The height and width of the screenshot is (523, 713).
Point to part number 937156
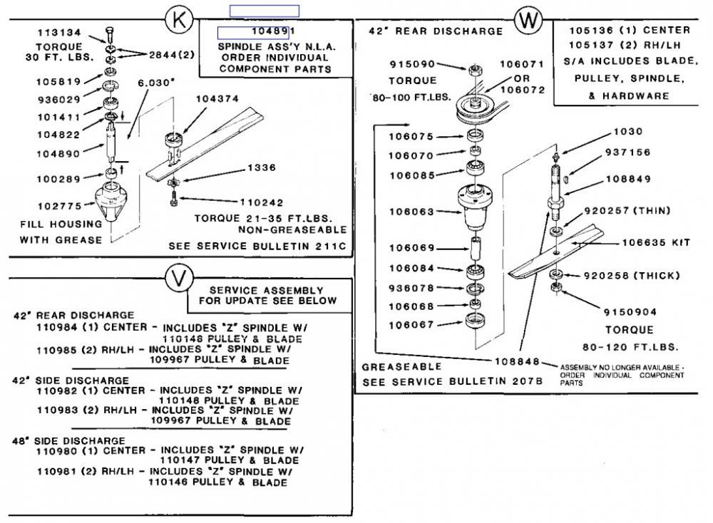pyautogui.click(x=627, y=152)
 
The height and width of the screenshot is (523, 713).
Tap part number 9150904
pyautogui.click(x=630, y=312)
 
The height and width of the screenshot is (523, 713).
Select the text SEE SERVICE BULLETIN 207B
pyautogui.click(x=453, y=381)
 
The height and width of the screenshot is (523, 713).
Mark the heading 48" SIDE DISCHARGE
pyautogui.click(x=69, y=440)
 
